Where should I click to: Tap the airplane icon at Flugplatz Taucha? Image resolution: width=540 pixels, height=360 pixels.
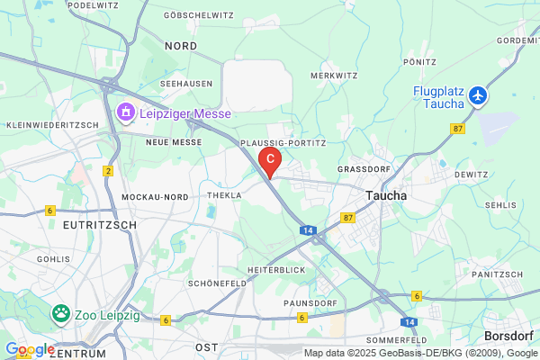point(477,95)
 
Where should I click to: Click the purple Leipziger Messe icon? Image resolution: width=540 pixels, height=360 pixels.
point(126,113)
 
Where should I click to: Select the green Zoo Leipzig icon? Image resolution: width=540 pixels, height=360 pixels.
point(61,314)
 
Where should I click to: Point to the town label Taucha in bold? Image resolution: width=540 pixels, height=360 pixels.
point(387,195)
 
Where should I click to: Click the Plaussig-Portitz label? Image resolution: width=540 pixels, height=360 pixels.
point(283,142)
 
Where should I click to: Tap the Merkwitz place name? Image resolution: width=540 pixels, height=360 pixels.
point(334,76)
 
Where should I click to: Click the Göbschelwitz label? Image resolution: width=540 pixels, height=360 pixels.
point(199,16)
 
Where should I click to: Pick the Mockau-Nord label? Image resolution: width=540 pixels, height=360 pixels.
point(154,196)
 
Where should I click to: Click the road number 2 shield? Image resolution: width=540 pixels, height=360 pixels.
point(108,171)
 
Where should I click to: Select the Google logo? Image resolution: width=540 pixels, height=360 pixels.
point(30,349)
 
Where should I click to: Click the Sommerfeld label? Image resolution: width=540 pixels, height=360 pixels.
point(396,340)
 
